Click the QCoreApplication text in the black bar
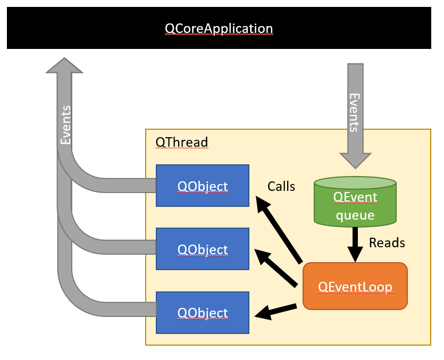click(219, 28)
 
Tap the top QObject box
click(202, 186)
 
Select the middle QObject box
click(202, 249)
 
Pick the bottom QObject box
click(202, 313)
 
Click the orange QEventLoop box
click(355, 286)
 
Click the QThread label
click(181, 143)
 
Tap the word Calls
click(281, 186)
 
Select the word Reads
click(387, 243)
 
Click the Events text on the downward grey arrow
click(354, 112)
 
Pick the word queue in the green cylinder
click(355, 215)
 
